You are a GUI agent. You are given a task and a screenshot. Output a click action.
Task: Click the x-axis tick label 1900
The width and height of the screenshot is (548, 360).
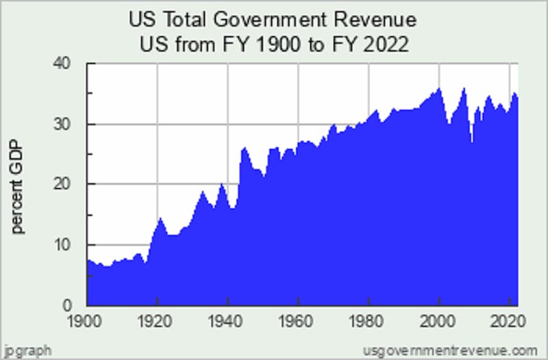pos(87,320)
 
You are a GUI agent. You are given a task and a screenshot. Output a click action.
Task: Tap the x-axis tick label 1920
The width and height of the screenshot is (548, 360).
pos(158,320)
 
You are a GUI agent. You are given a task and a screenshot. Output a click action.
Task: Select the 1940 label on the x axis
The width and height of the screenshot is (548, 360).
pos(227,320)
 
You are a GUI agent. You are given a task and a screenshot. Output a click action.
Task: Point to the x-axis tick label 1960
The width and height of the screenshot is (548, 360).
pos(298,320)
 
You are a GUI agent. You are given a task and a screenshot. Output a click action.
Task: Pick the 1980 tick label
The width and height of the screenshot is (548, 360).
pos(368,320)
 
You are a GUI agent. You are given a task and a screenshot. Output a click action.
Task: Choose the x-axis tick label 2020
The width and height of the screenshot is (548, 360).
pos(506,320)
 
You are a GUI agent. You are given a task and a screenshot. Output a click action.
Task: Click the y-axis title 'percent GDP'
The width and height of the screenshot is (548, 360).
pos(18,185)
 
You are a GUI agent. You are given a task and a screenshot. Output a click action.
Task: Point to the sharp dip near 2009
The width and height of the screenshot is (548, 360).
pos(472,141)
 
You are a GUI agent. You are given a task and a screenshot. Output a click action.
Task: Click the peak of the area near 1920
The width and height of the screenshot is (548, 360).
pos(160,218)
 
